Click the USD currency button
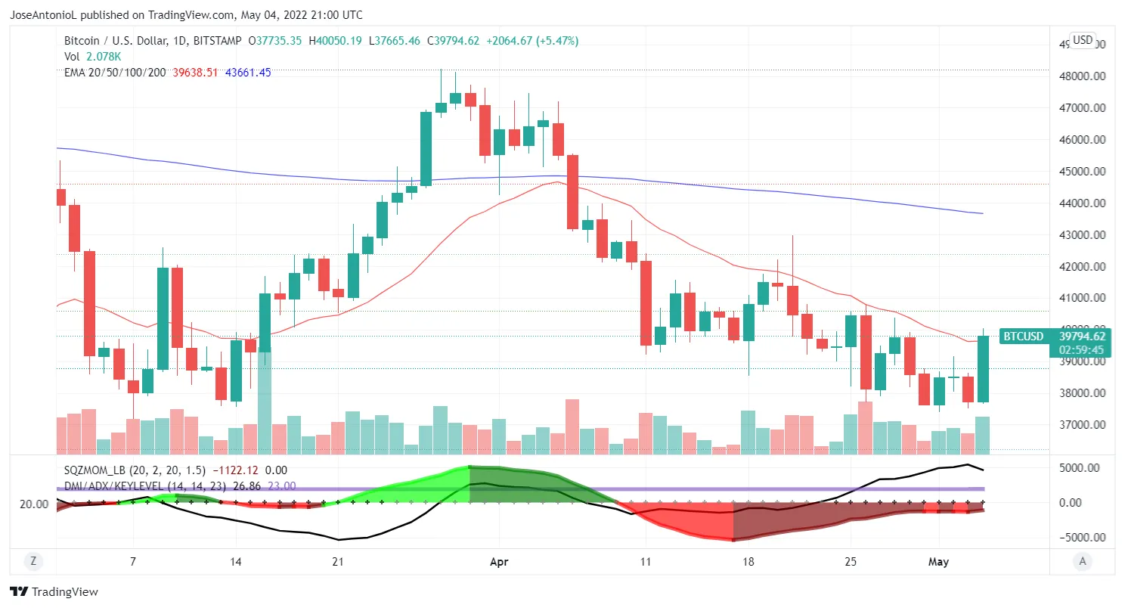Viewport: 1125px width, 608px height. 1083,40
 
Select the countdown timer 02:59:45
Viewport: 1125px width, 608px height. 1081,350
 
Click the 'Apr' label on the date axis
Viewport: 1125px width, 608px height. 500,562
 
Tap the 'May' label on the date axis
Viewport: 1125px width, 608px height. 938,562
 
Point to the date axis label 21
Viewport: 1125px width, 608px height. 338,562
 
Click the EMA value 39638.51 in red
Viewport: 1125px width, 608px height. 195,73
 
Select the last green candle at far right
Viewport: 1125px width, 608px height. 983,369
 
